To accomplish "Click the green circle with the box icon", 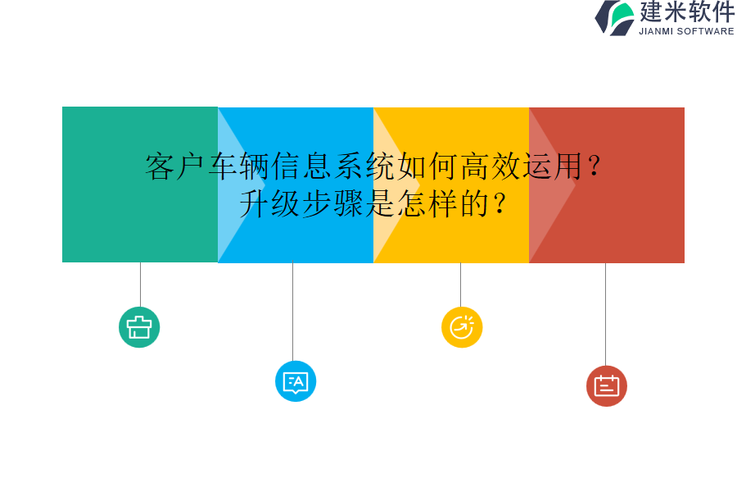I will pyautogui.click(x=139, y=327).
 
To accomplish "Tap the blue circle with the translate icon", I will pyautogui.click(x=296, y=381).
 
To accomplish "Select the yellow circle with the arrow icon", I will pyautogui.click(x=462, y=327).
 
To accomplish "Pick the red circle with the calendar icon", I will pyautogui.click(x=607, y=386).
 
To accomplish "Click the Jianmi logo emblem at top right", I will pyautogui.click(x=615, y=17).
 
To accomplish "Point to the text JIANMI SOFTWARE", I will pyautogui.click(x=686, y=31).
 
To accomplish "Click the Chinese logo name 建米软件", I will pyautogui.click(x=687, y=11).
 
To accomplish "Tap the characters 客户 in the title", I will pyautogui.click(x=175, y=166).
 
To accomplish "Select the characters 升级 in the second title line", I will pyautogui.click(x=269, y=203).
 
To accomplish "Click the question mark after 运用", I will pyautogui.click(x=595, y=166).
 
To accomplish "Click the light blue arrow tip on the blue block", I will pyautogui.click(x=237, y=184).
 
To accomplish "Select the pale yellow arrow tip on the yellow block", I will pyautogui.click(x=391, y=184).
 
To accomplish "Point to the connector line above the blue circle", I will pyautogui.click(x=292, y=312).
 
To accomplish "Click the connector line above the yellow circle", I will pyautogui.click(x=460, y=284).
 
